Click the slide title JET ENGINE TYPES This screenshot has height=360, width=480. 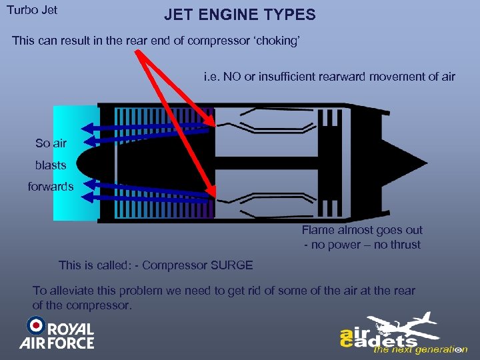(x=240, y=15)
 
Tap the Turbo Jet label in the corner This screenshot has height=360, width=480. (x=33, y=11)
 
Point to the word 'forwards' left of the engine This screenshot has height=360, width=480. (x=51, y=187)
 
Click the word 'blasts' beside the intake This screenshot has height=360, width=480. (x=51, y=165)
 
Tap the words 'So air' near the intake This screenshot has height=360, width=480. (x=51, y=143)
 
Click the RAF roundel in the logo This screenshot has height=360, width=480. (x=35, y=326)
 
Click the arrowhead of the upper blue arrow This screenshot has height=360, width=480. (x=86, y=129)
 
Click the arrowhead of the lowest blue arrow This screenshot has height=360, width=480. (x=87, y=197)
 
